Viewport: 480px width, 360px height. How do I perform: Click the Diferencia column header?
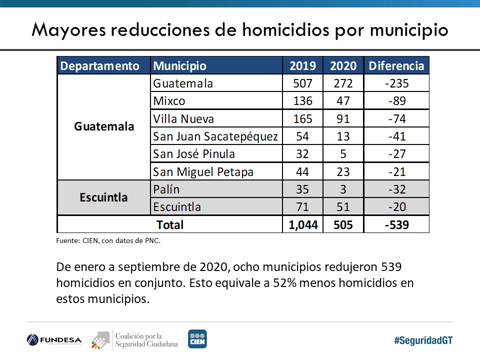396,66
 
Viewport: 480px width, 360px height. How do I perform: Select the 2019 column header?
302,66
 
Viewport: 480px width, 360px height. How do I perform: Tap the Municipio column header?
179,66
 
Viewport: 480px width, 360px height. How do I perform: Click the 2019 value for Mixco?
302,101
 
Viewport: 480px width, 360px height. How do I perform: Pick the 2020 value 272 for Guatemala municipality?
343,83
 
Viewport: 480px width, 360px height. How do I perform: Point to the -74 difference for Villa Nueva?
396,119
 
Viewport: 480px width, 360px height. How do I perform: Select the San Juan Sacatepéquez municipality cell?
215,136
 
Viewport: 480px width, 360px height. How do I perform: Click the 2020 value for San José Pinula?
343,154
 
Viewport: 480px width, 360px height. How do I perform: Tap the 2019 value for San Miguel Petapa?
302,172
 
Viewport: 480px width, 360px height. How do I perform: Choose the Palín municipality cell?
166,189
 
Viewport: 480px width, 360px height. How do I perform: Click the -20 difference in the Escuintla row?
396,207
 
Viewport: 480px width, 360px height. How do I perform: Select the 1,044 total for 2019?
302,225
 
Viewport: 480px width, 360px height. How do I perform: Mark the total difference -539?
396,225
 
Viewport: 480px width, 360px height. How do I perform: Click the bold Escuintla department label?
103,197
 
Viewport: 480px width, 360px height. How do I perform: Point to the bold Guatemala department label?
104,126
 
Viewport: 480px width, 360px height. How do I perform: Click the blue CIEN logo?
197,339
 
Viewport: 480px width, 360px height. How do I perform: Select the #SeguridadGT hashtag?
423,340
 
